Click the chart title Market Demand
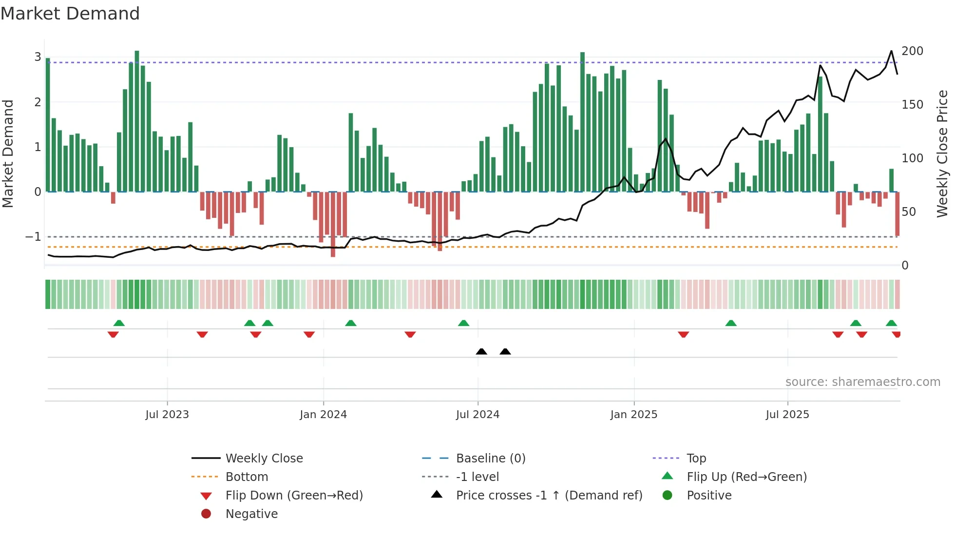[70, 14]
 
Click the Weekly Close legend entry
[264, 458]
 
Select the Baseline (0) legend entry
[490, 458]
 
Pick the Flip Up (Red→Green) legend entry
[746, 477]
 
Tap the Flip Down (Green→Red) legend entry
[294, 495]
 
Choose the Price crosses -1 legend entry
[549, 495]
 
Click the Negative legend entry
[251, 514]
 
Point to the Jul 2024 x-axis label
[477, 414]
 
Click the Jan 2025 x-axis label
[633, 414]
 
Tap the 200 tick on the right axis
[912, 51]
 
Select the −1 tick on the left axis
[33, 237]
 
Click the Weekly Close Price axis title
[942, 153]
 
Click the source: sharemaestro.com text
[862, 382]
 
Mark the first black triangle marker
[481, 351]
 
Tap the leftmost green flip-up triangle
[119, 323]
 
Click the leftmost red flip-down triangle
[113, 334]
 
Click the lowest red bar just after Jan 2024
[333, 224]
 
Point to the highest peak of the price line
[891, 51]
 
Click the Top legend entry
[696, 458]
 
